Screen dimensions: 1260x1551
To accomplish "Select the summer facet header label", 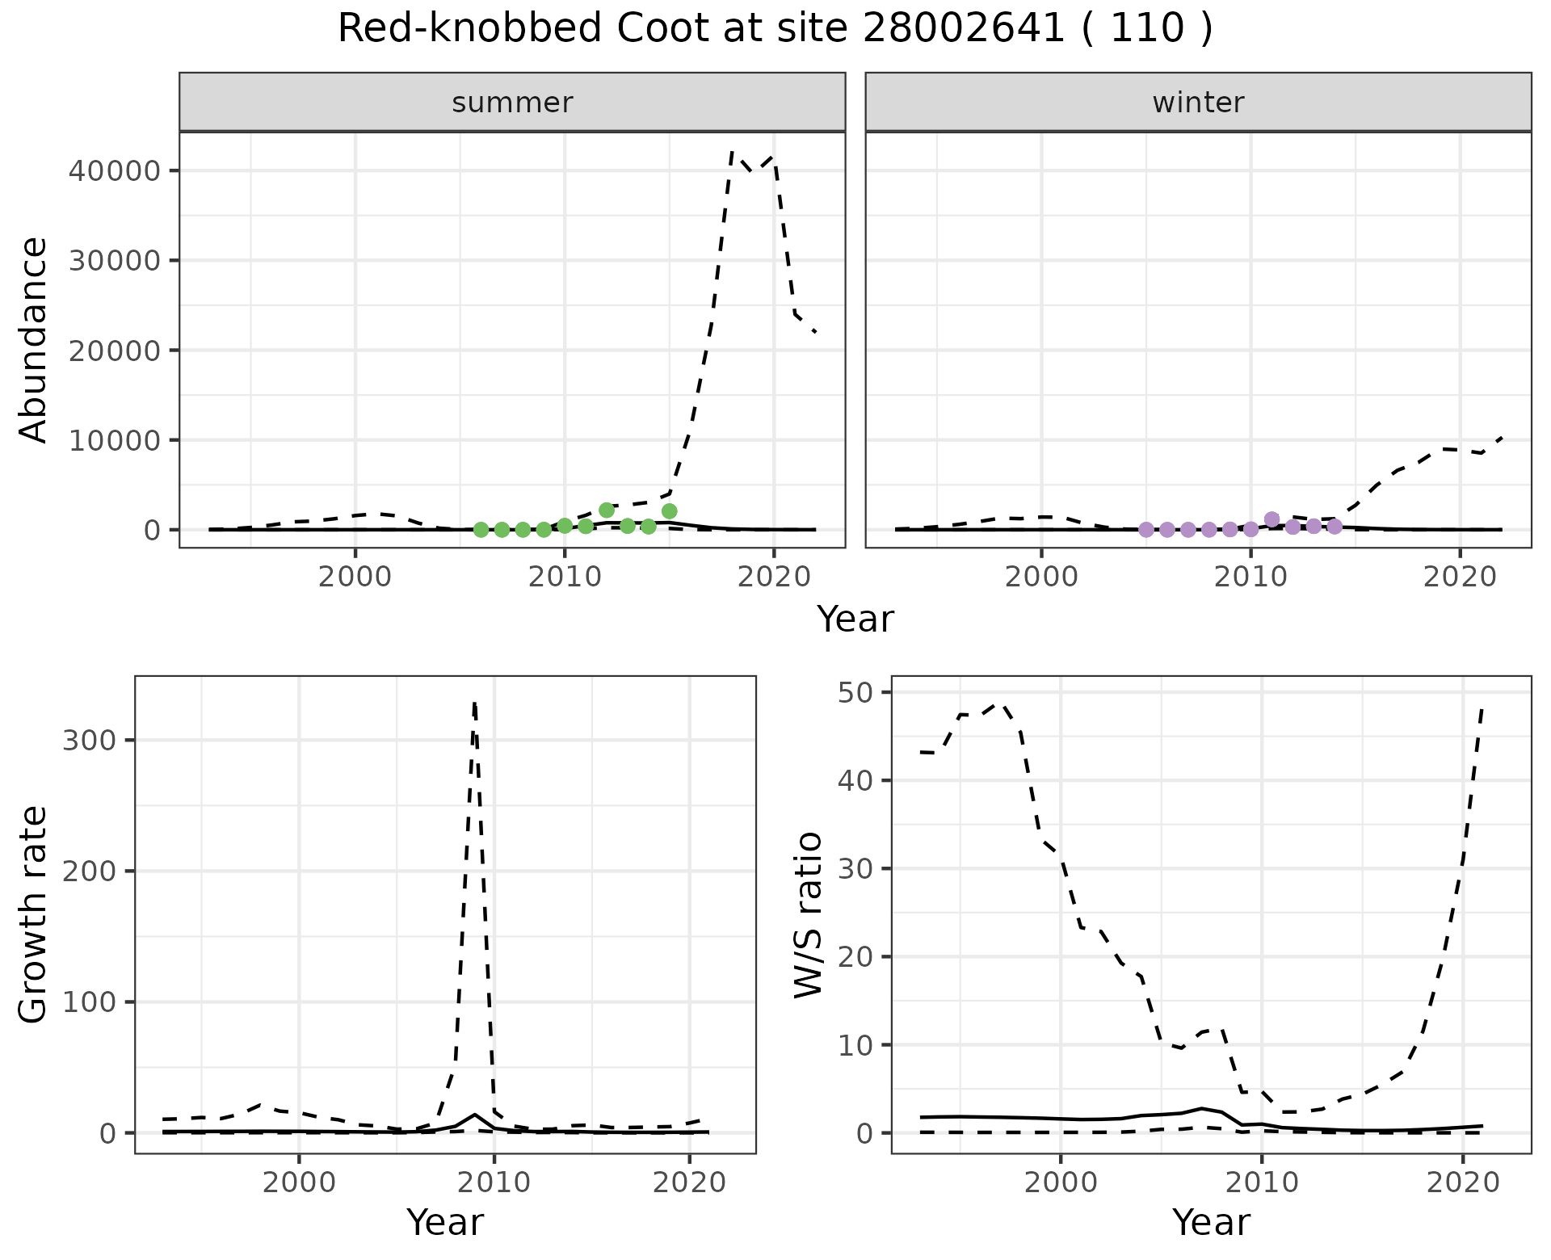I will pos(512,103).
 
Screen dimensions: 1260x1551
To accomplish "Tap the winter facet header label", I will pos(1198,103).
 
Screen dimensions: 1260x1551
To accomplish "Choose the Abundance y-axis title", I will pos(34,339).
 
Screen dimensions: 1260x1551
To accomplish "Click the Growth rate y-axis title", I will pos(34,914).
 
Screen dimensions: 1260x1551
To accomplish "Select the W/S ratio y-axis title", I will pos(808,914).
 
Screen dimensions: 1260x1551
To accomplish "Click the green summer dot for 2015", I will pos(669,511).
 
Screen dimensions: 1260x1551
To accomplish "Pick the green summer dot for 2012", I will pos(607,510).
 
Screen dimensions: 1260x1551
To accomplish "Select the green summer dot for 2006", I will pos(481,530).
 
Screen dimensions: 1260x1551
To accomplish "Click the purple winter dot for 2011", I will pos(1271,519).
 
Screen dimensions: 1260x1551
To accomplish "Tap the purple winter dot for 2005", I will pos(1145,530).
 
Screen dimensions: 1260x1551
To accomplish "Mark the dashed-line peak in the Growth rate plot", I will pos(474,703).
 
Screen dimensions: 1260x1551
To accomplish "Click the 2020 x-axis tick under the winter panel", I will pos(1460,578).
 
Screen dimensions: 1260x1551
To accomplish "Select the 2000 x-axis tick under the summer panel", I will pos(355,578).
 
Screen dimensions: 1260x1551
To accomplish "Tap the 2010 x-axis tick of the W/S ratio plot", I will pos(1261,1183).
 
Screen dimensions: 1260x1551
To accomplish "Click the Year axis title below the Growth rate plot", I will pos(445,1222).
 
